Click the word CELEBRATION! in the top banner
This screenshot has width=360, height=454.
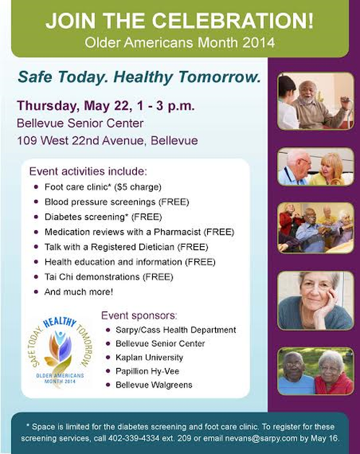coord(232,20)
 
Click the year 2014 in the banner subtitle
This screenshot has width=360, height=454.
coord(258,43)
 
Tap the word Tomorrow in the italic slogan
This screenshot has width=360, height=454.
coord(219,77)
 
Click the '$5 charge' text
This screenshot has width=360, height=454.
coord(138,187)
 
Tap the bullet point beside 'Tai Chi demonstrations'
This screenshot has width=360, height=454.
coord(36,276)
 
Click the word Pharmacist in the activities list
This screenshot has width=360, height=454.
coord(177,232)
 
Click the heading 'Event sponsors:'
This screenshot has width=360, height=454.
coord(139,315)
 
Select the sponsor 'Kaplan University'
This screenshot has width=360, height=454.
coord(149,357)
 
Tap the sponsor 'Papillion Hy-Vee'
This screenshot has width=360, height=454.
coord(147,371)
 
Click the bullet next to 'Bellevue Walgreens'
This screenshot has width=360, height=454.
coord(108,385)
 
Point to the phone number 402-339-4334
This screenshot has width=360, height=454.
coord(133,438)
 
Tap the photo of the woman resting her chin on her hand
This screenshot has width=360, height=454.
coord(315,300)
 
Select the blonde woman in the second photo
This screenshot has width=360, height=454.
coord(329,170)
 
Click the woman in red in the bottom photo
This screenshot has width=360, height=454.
coord(333,373)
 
